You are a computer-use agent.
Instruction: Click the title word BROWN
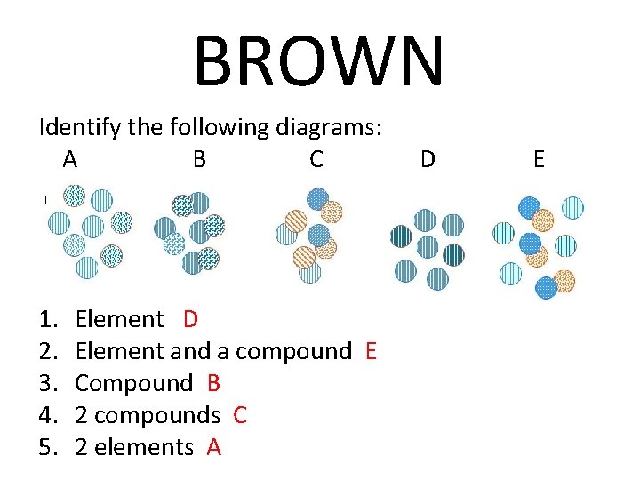pos(318,62)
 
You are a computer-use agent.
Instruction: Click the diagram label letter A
pos(70,160)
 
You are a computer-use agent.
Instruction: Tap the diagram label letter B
pos(200,160)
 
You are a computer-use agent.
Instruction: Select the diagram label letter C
pos(316,160)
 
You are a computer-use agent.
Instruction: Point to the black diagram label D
pos(428,160)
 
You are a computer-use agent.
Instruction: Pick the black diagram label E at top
pos(539,160)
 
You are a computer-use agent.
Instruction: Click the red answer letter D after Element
pos(191,319)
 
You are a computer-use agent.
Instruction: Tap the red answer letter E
pos(372,351)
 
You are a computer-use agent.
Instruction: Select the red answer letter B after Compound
pos(213,383)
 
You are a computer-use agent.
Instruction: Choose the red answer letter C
pos(240,415)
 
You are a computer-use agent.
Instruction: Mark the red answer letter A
pos(213,447)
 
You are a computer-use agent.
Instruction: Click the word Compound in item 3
pos(133,384)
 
